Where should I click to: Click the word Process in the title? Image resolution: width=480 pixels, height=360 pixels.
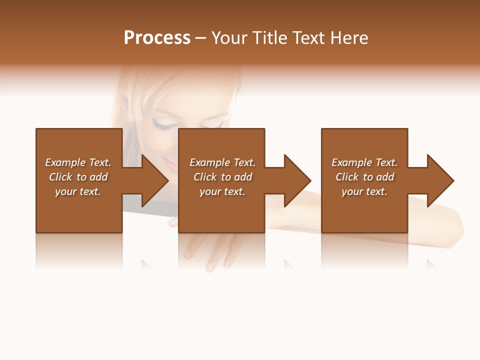pyautogui.click(x=157, y=38)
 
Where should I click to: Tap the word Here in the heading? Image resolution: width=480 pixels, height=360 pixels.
pyautogui.click(x=348, y=38)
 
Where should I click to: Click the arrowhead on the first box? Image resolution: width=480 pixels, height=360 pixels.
pyautogui.click(x=153, y=180)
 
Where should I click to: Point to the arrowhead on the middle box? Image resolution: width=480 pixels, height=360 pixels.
pyautogui.click(x=296, y=180)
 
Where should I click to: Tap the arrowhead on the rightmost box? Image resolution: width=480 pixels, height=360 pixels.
pyautogui.click(x=439, y=180)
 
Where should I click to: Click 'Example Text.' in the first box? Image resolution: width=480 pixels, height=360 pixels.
pyautogui.click(x=78, y=162)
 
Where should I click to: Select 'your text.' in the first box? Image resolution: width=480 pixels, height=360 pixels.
pyautogui.click(x=78, y=191)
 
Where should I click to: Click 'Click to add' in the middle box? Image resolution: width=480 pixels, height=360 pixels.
pyautogui.click(x=222, y=177)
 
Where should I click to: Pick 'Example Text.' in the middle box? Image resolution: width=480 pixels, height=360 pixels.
pyautogui.click(x=222, y=162)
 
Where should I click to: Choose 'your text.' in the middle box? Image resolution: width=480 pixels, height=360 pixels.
pyautogui.click(x=222, y=191)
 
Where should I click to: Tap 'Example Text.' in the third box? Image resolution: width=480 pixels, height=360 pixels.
pyautogui.click(x=364, y=162)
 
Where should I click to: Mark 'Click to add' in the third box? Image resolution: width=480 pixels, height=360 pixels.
pyautogui.click(x=364, y=177)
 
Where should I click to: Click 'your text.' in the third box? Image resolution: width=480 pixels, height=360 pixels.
pyautogui.click(x=364, y=191)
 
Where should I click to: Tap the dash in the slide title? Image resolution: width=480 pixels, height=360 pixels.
pyautogui.click(x=200, y=38)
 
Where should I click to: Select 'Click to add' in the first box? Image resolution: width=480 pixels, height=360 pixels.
pyautogui.click(x=78, y=177)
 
